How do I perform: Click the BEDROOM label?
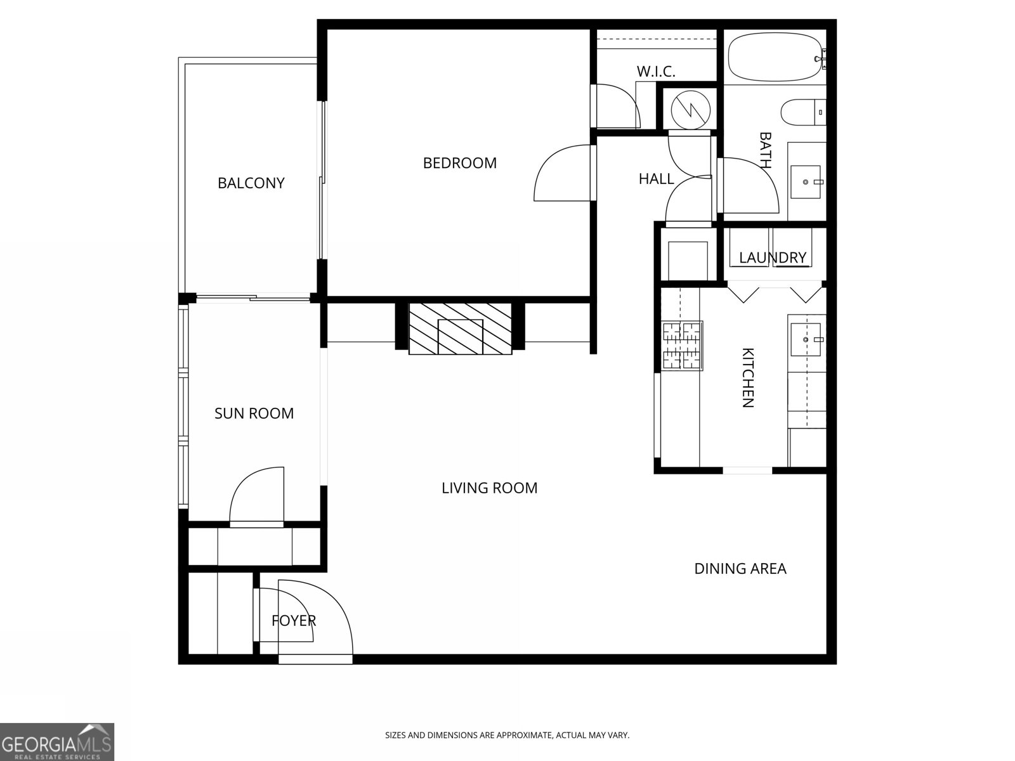[459, 163]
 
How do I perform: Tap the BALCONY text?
[251, 183]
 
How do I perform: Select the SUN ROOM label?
[254, 413]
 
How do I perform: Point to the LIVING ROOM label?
[489, 488]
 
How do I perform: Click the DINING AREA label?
[740, 569]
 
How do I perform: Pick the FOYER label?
[293, 621]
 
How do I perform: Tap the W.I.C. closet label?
[655, 72]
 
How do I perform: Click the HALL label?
[656, 179]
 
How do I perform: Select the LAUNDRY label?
[772, 258]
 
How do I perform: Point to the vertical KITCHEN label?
[748, 377]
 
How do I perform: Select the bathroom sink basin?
[806, 182]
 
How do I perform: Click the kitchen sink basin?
[806, 340]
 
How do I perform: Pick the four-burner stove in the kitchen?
[682, 346]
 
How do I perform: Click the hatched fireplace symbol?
[460, 329]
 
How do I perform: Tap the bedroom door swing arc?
[561, 172]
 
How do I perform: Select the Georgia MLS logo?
[57, 741]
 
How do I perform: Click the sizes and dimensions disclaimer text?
[507, 736]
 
